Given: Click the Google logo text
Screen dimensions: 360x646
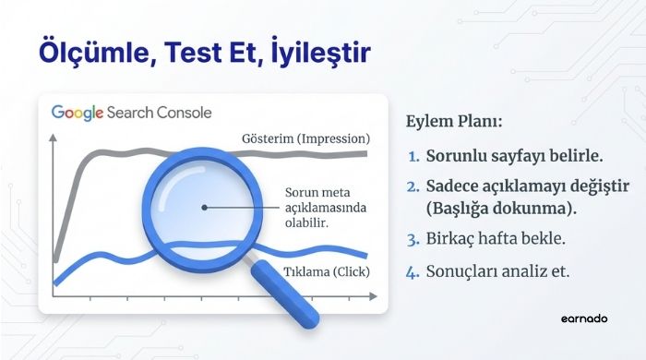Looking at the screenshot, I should (78, 114).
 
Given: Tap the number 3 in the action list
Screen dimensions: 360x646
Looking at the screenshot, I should (413, 240).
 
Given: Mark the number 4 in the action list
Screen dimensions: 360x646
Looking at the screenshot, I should (413, 272).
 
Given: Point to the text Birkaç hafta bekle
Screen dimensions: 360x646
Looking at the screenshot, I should (493, 240).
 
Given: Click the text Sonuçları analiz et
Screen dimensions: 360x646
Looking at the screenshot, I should (499, 272).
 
